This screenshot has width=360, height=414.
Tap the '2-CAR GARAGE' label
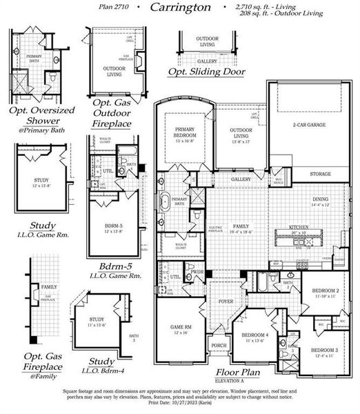pos(309,125)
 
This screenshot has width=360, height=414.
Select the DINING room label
pos(319,199)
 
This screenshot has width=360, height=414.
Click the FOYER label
pos(227,301)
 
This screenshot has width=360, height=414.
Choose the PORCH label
pos(219,345)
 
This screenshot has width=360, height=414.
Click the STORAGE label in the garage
pos(319,174)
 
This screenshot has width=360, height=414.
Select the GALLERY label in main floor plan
pos(241,179)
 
